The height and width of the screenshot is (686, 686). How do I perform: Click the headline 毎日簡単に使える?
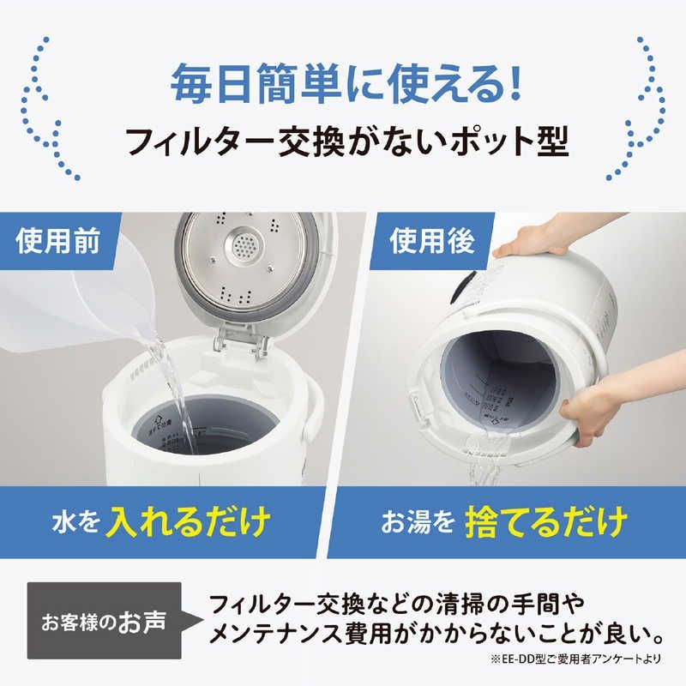pos(343,86)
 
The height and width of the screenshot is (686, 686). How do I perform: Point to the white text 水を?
pos(96,521)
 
